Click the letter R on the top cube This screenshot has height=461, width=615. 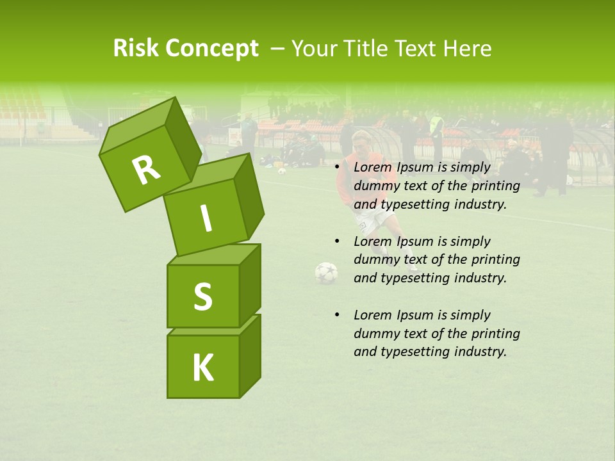click(145, 170)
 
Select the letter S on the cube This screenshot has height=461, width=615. click(202, 296)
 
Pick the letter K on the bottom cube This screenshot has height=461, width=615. click(202, 368)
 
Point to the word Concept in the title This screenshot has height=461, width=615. click(213, 48)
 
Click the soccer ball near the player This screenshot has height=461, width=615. click(326, 273)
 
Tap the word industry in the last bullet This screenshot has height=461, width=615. click(480, 352)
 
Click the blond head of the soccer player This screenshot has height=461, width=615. click(361, 139)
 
